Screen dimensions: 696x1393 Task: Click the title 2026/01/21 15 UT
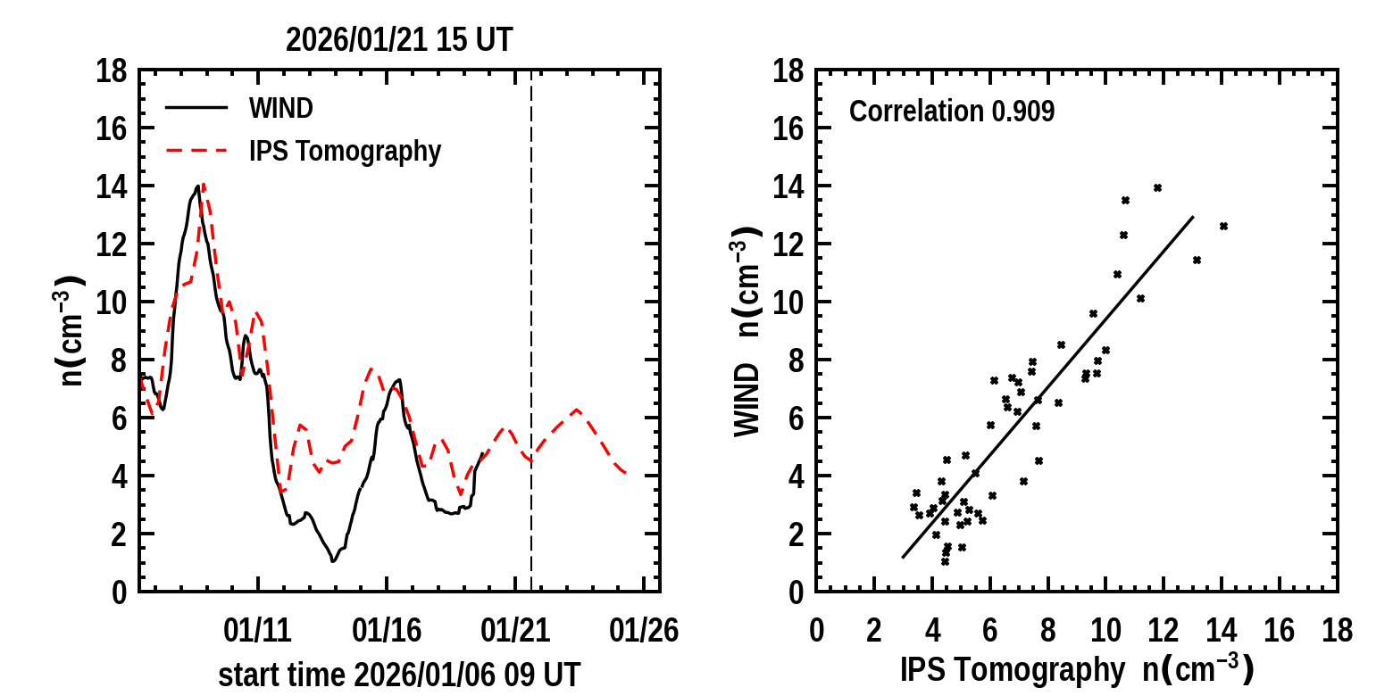tap(399, 40)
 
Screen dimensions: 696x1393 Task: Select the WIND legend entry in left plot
tap(280, 109)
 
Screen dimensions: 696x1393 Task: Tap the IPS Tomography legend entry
tap(344, 152)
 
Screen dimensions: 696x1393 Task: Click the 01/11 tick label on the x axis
tap(258, 631)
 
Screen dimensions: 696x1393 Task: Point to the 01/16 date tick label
tap(387, 631)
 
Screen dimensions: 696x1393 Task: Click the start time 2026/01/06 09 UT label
tap(399, 675)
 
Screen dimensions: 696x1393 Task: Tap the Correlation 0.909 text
tap(952, 112)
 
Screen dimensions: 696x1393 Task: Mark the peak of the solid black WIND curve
tap(197, 186)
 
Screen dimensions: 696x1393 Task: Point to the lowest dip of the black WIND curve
tap(333, 560)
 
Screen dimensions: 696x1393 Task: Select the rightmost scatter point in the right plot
tap(1223, 226)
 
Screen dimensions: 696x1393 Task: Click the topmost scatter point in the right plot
tap(1157, 187)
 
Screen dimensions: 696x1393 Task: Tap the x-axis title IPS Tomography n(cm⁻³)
tap(1077, 669)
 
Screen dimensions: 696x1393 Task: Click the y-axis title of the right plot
tap(748, 330)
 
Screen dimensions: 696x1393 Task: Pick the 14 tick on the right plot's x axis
tap(1222, 631)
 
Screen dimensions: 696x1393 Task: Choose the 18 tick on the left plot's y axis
tap(113, 70)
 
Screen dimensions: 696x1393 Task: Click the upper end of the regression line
tap(1193, 216)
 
